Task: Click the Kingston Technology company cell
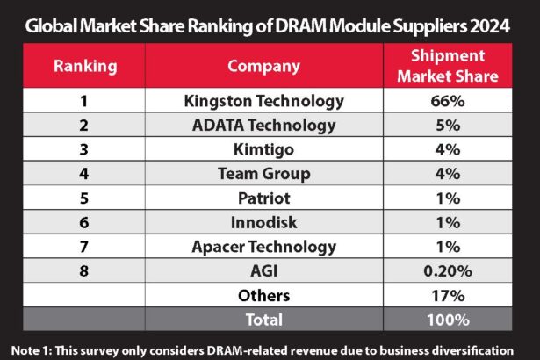[263, 100]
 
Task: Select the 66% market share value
[448, 100]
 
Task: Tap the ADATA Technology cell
[263, 125]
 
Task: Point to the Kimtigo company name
[263, 149]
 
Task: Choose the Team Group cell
[263, 174]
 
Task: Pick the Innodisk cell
[263, 222]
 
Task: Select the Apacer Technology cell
[263, 247]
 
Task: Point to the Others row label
[263, 296]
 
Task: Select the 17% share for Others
[448, 296]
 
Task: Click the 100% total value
[448, 320]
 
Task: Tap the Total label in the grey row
[263, 320]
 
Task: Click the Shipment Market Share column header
[448, 66]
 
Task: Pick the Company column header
[263, 66]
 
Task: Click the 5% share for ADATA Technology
[448, 125]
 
